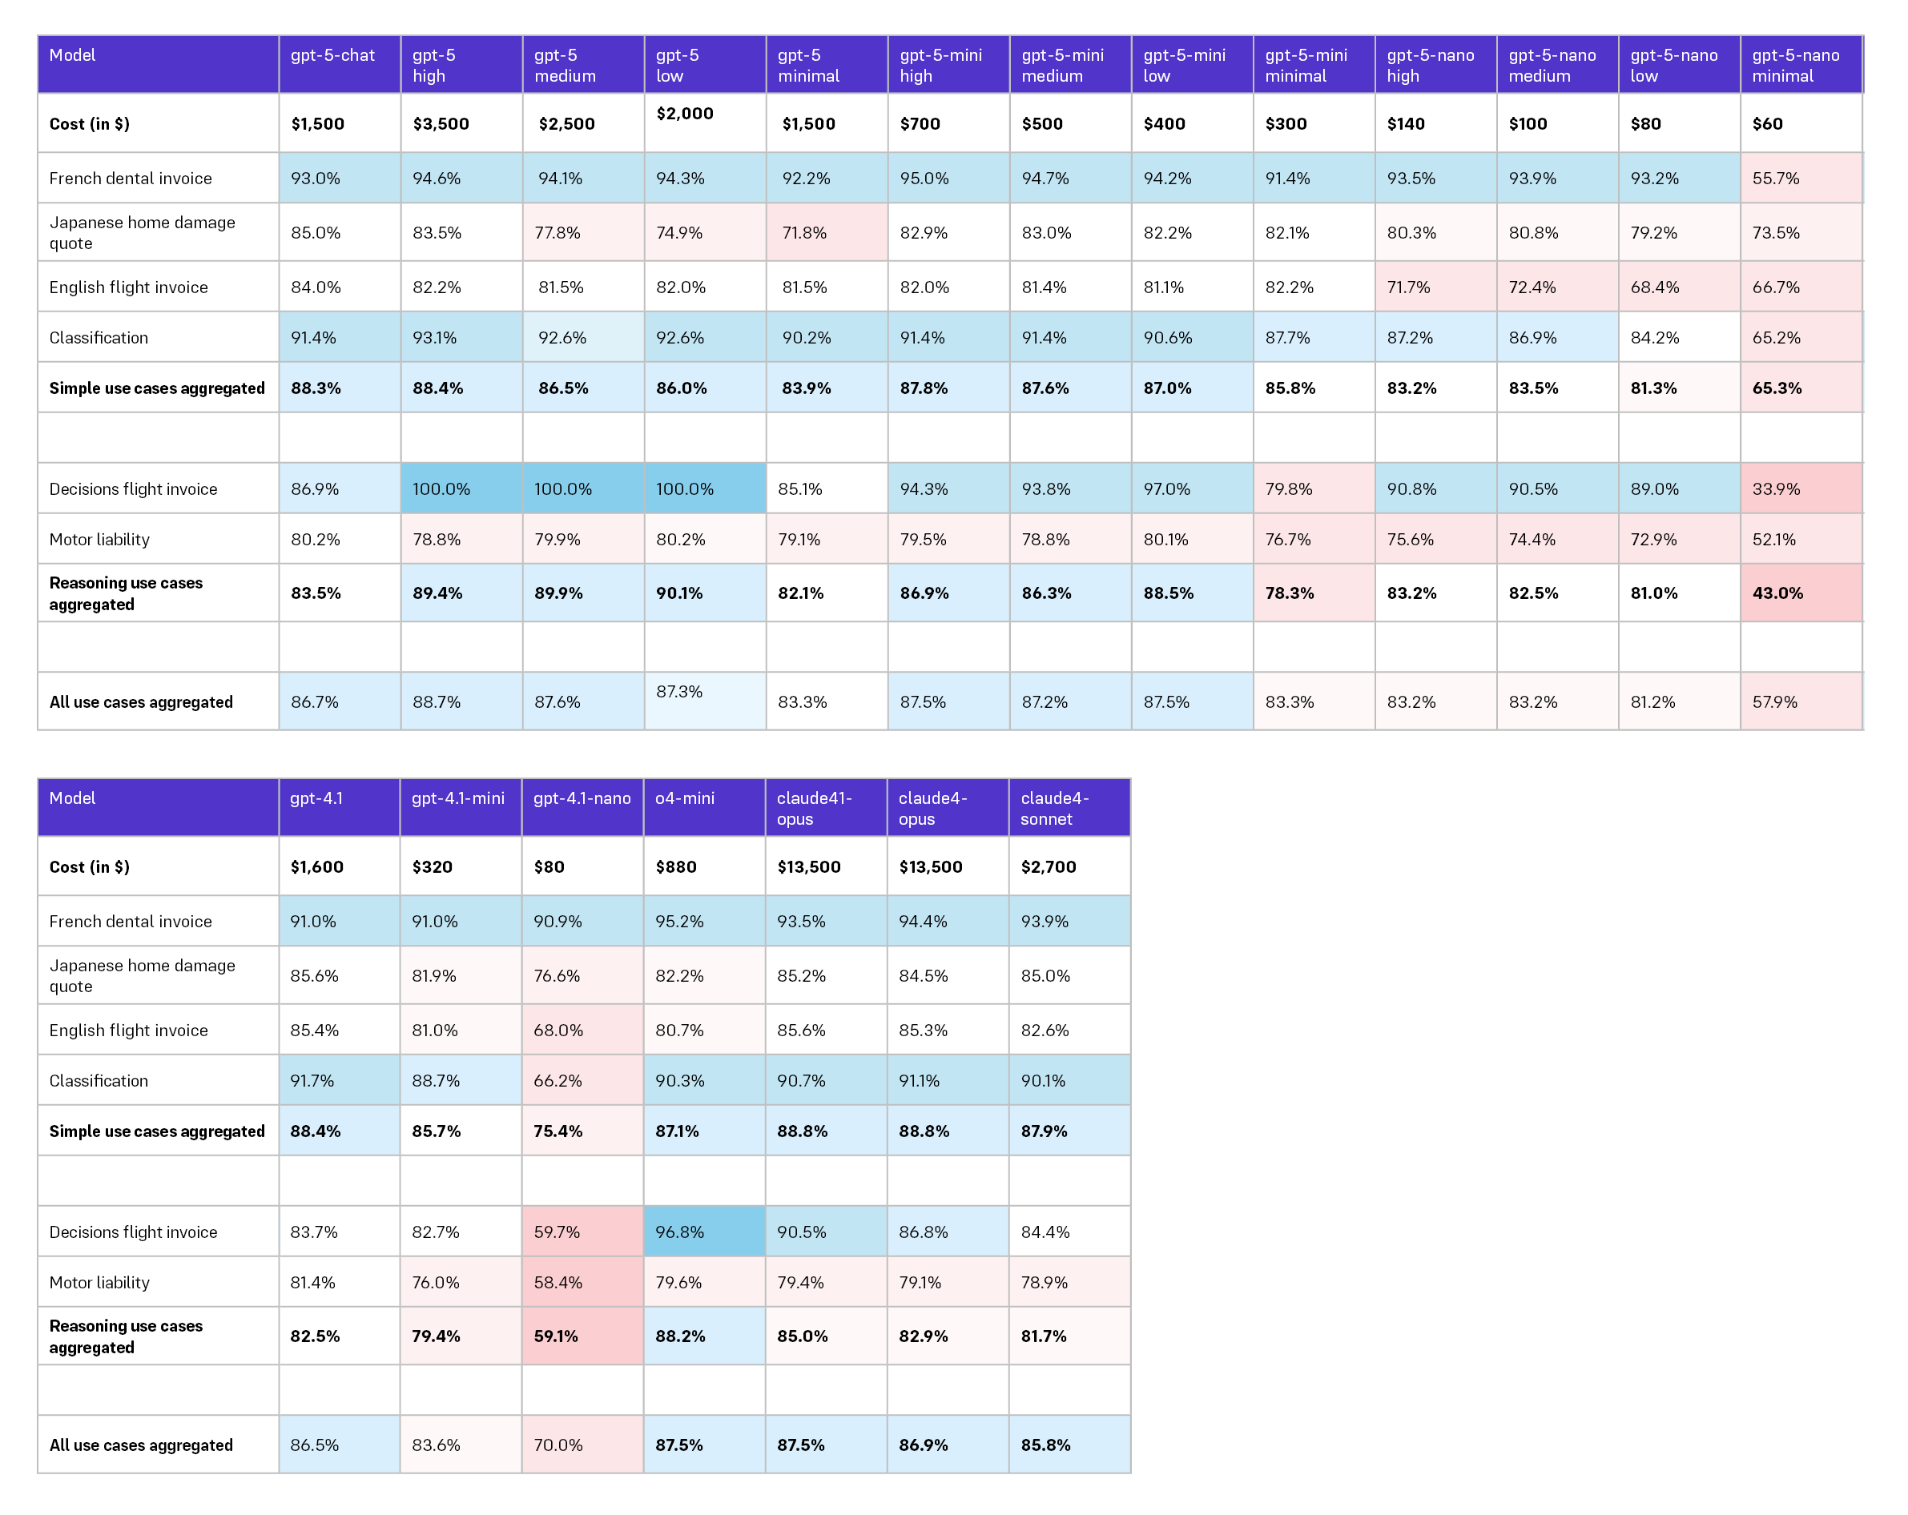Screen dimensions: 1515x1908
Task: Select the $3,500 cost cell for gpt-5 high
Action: (x=441, y=124)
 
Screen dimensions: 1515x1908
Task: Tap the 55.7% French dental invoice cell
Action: (x=1776, y=178)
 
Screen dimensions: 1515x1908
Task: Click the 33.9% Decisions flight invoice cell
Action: (x=1776, y=488)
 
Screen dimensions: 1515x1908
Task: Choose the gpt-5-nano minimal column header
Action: (x=1796, y=66)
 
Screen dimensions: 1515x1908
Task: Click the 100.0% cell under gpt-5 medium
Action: (x=563, y=488)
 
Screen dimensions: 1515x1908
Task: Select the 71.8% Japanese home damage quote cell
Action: (x=804, y=233)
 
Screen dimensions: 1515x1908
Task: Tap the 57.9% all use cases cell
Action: (x=1774, y=701)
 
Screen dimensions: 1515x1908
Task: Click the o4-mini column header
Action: (x=685, y=798)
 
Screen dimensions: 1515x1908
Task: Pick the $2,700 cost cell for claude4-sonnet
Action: (x=1049, y=867)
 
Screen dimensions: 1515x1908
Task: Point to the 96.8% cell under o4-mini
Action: (x=680, y=1232)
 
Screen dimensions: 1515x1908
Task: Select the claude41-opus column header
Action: (x=814, y=808)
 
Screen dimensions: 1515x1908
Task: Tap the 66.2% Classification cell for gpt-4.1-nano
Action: (x=558, y=1080)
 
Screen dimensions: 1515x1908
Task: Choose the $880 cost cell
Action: (x=676, y=867)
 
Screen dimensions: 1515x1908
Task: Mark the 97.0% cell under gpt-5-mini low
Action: (x=1166, y=488)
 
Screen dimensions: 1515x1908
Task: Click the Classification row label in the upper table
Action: (x=99, y=337)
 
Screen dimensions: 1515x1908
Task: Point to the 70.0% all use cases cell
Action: (x=558, y=1445)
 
